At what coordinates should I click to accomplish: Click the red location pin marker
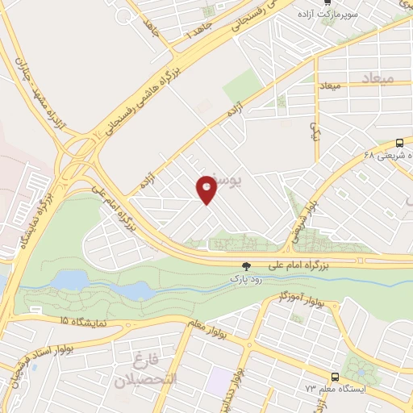206,190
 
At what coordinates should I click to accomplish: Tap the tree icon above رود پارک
246,265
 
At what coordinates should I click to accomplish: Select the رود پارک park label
247,278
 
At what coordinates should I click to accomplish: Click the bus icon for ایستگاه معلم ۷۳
335,377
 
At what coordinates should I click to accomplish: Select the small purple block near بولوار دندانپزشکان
219,380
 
